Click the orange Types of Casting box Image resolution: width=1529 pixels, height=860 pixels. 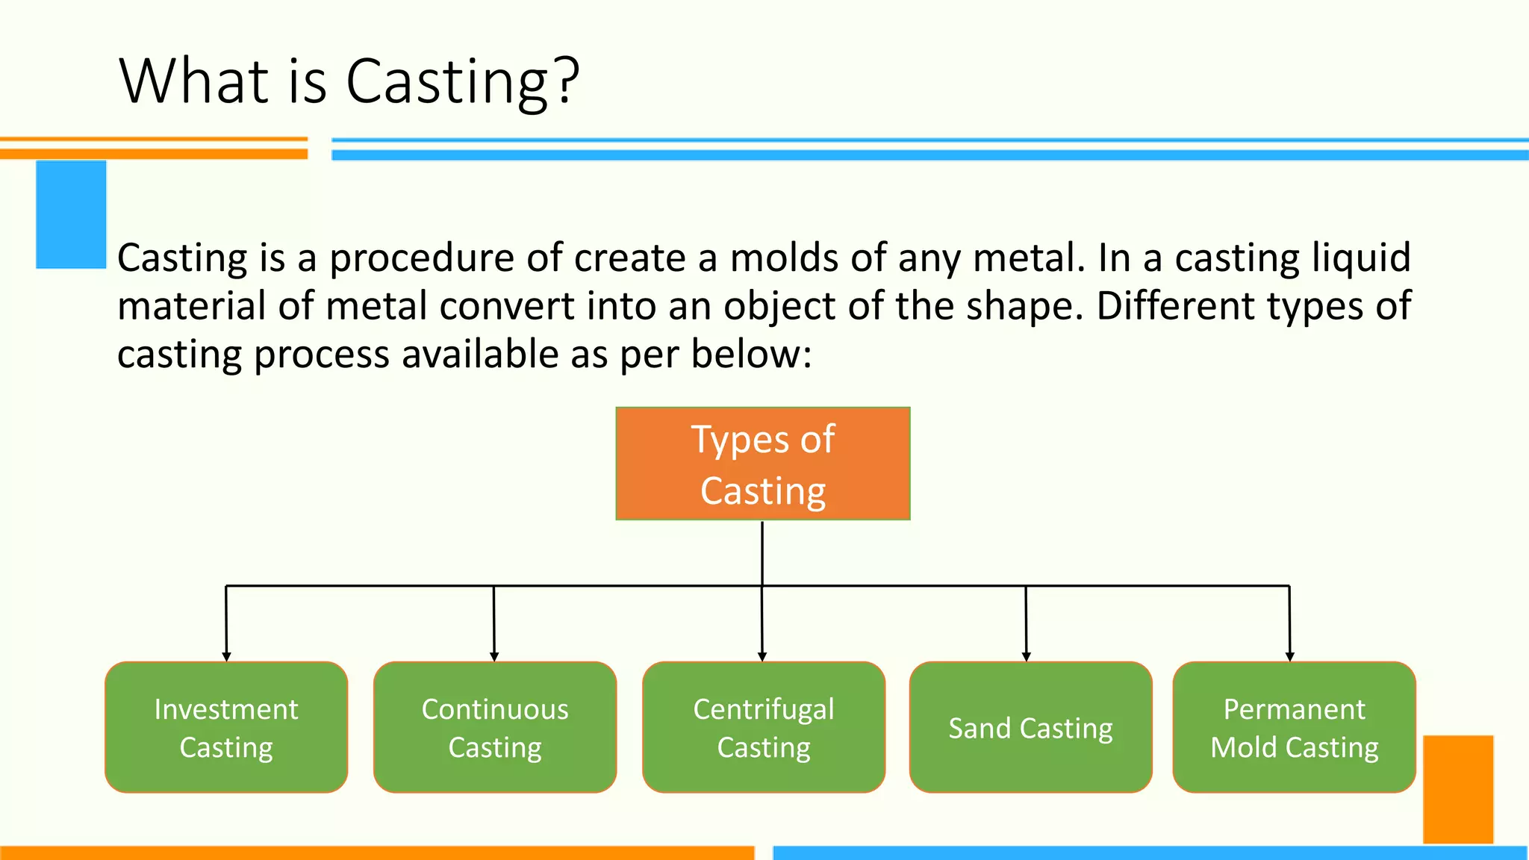point(762,464)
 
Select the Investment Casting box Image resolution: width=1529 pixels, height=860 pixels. point(226,727)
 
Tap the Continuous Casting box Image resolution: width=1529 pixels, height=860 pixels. point(495,727)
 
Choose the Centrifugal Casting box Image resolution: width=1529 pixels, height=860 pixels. point(764,727)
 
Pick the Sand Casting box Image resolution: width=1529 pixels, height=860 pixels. point(1030,727)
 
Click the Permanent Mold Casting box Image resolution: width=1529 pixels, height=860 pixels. point(1294,727)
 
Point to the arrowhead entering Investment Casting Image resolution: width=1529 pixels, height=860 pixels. point(226,656)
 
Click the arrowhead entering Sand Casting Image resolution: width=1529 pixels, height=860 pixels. point(1027,656)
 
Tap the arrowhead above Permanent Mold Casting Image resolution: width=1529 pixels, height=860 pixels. point(1289,656)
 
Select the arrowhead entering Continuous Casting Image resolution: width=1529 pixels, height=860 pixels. point(494,656)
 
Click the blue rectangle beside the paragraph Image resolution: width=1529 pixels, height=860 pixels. point(71,214)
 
